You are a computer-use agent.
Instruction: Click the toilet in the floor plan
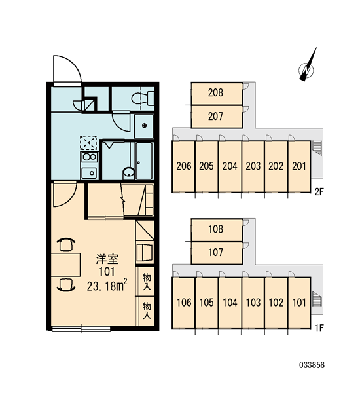tap(143, 98)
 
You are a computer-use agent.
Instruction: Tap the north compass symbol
tap(307, 66)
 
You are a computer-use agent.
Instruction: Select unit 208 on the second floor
tap(217, 93)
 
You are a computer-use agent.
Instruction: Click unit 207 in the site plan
tap(217, 117)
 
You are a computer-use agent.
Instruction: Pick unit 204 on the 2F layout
tap(230, 166)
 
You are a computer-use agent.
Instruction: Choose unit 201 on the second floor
tap(299, 166)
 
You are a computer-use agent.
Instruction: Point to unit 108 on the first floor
tap(217, 230)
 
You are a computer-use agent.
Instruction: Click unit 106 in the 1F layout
tap(184, 303)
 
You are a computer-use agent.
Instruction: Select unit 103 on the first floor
tap(253, 303)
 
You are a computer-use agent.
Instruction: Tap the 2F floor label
tap(319, 192)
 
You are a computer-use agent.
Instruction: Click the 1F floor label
tap(319, 328)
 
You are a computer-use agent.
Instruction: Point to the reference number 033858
tap(312, 365)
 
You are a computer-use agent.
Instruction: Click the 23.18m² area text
tap(107, 286)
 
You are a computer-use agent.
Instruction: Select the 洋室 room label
tap(107, 259)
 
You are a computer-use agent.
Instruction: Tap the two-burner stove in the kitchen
tap(90, 157)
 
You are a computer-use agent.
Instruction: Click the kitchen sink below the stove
tap(90, 173)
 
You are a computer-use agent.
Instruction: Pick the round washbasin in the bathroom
tap(129, 173)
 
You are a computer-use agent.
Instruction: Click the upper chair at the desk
tap(66, 244)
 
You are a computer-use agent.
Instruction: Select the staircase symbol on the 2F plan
tap(317, 149)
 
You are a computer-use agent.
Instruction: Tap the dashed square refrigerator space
tap(88, 143)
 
